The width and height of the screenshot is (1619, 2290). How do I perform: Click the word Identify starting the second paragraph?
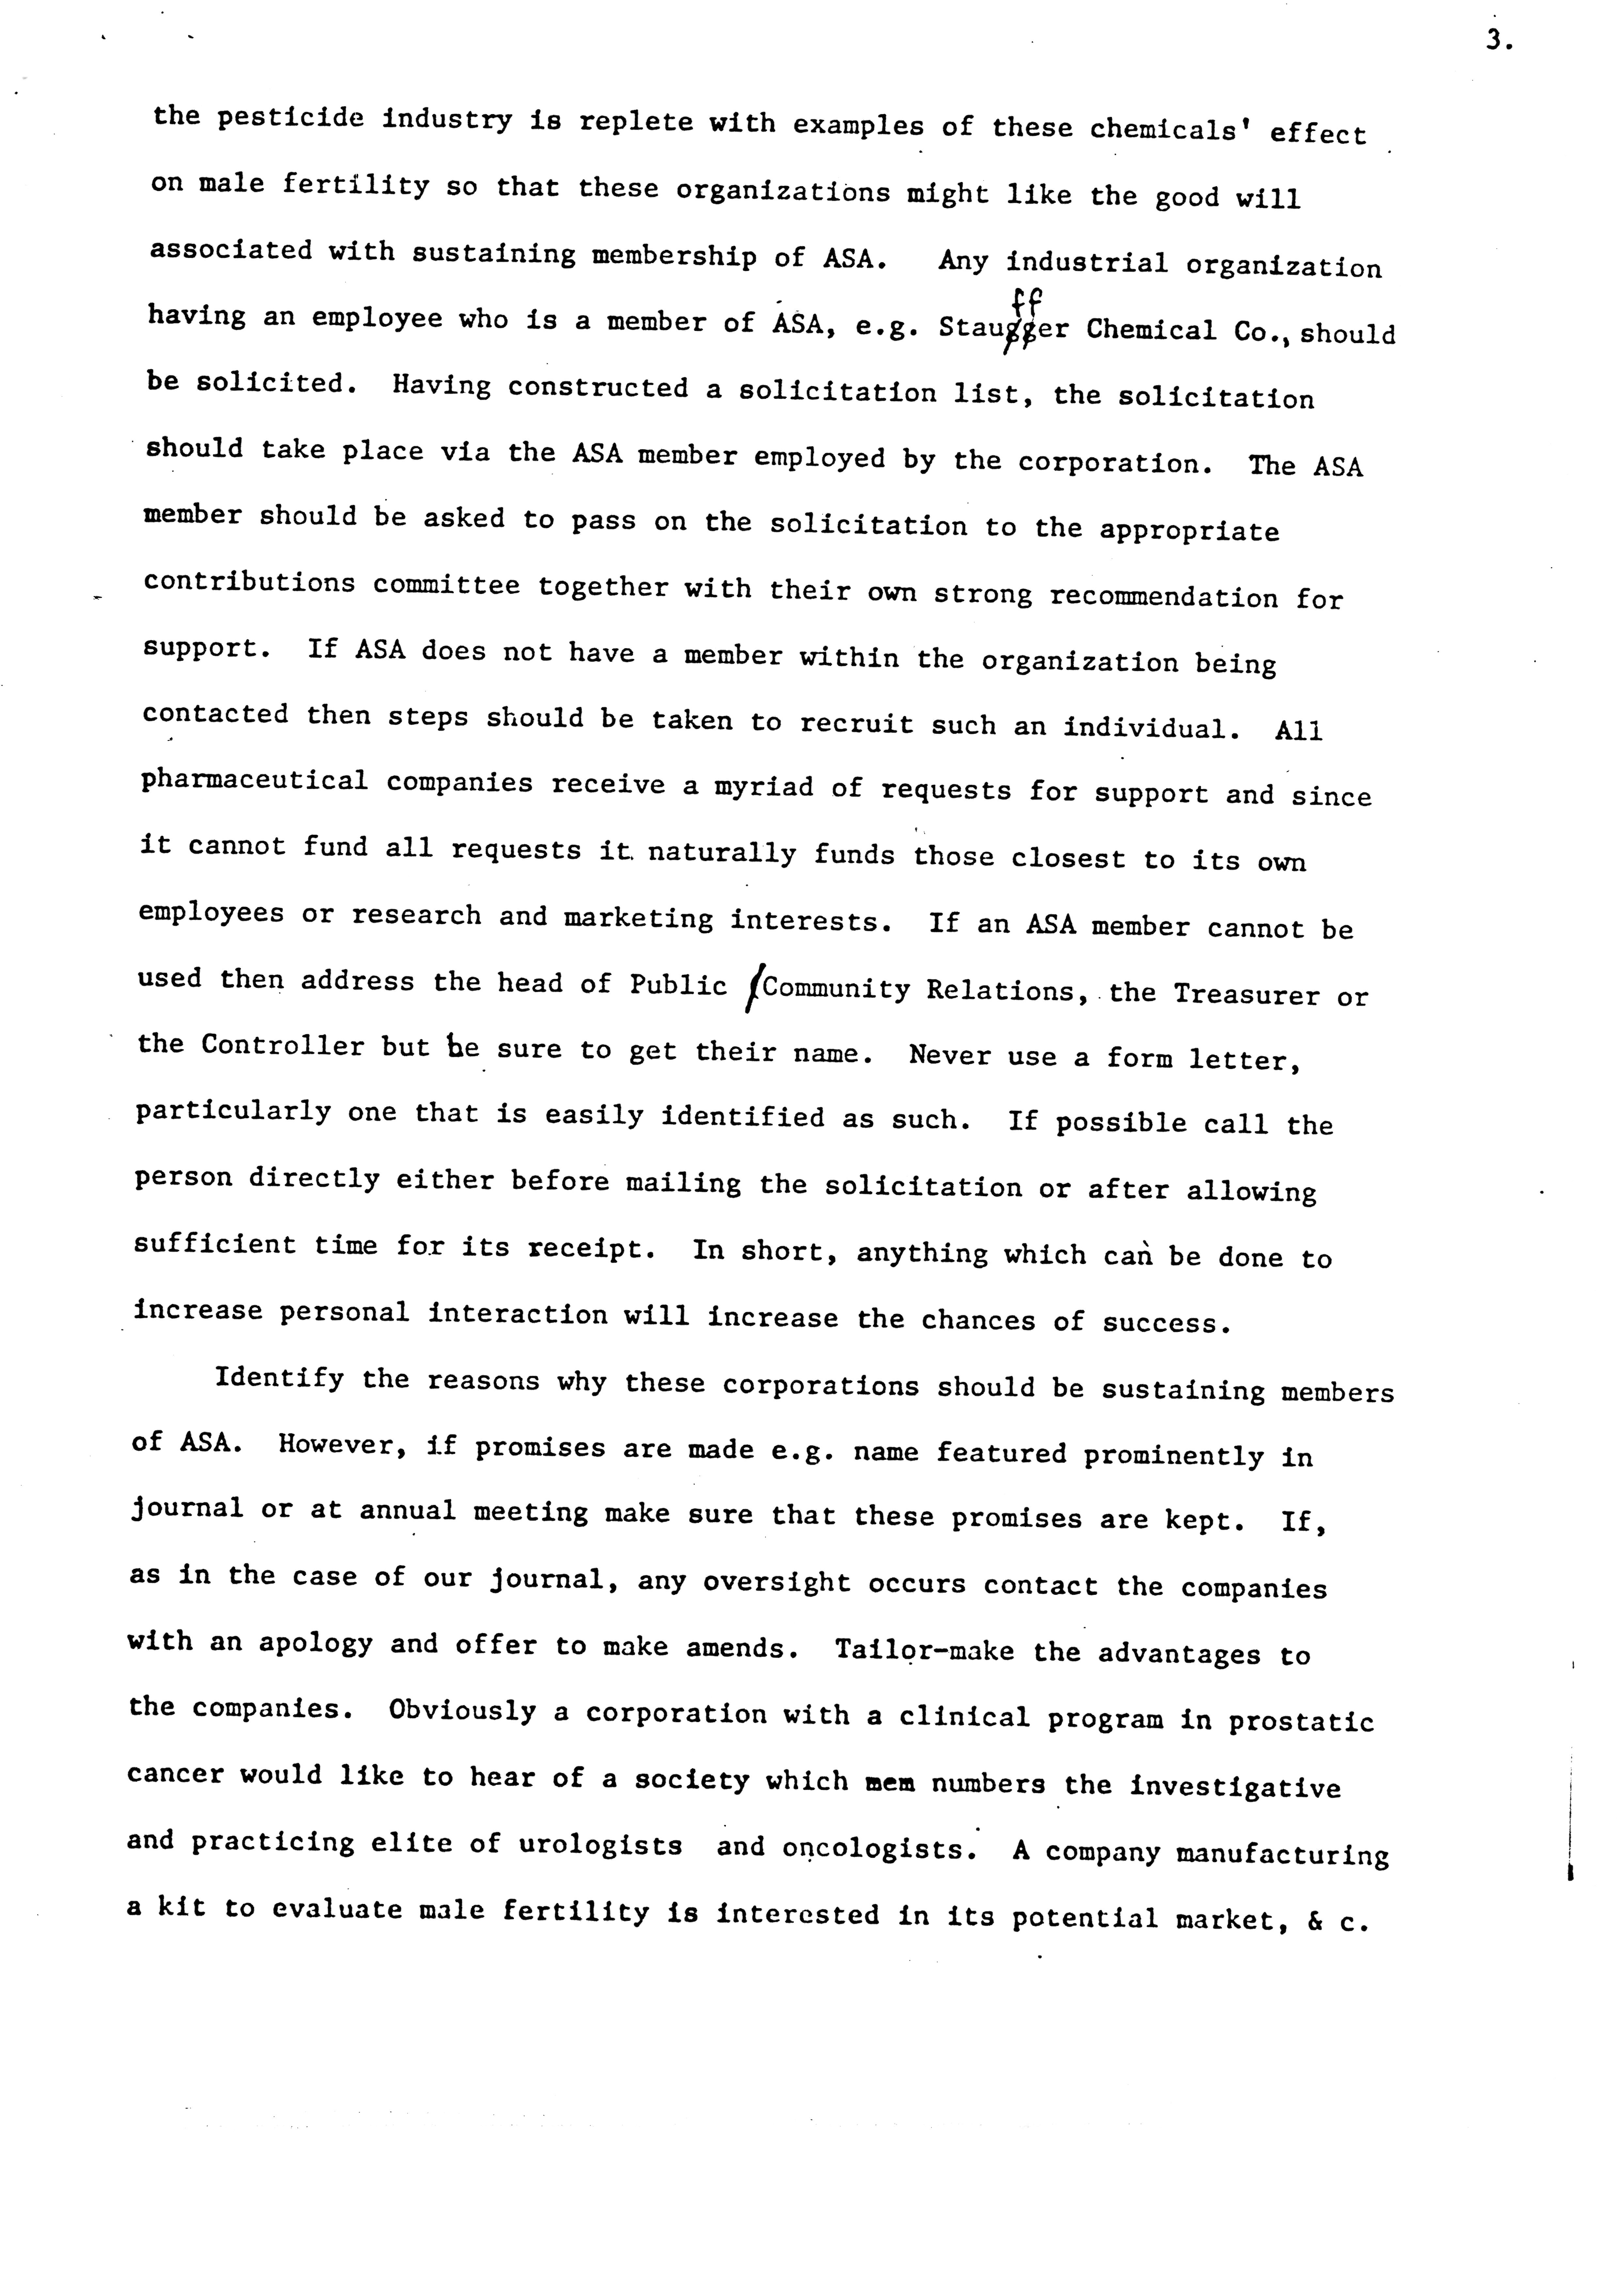279,1379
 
